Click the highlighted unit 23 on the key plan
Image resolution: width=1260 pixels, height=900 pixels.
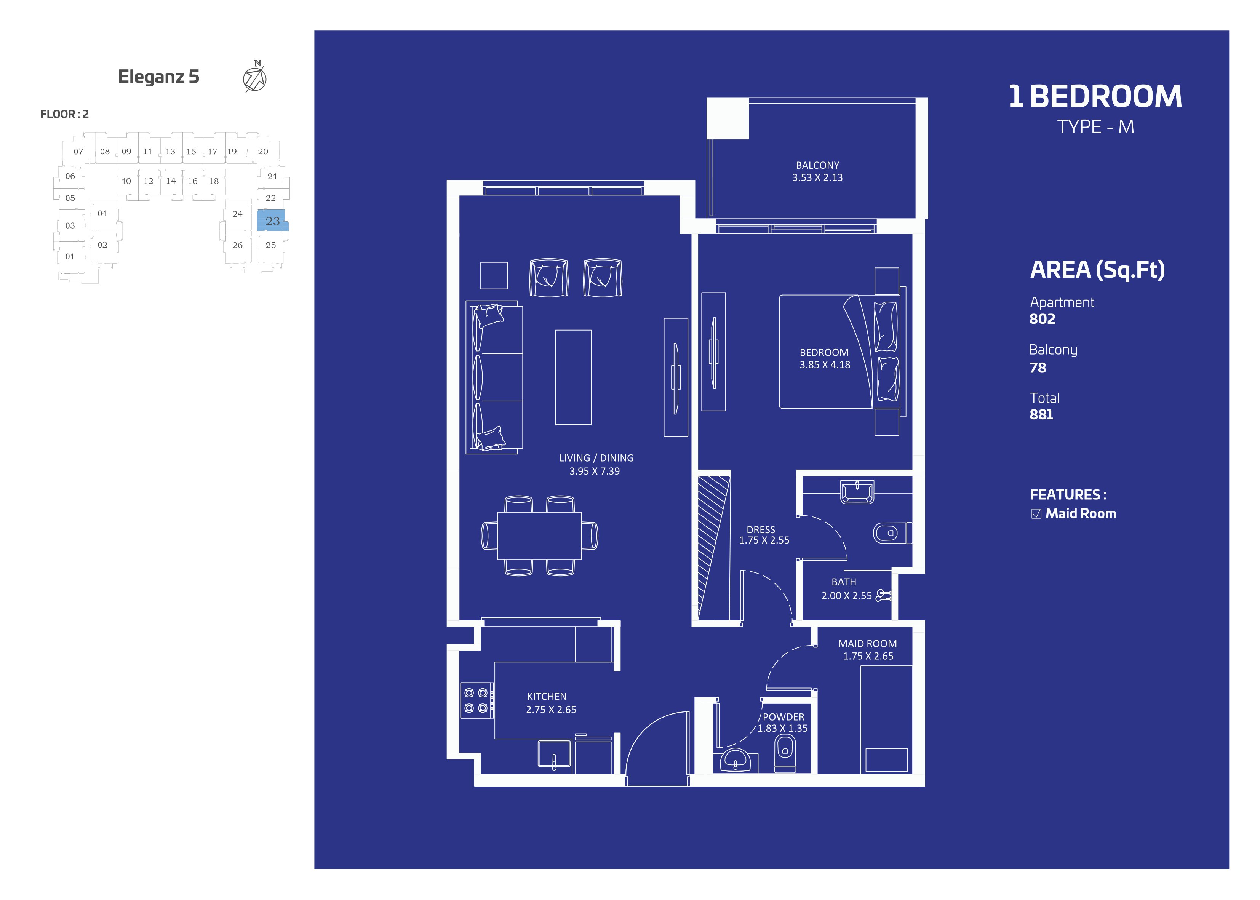(x=272, y=221)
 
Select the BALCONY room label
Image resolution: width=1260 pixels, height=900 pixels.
(x=817, y=165)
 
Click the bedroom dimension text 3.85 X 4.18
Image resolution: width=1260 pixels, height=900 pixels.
(x=825, y=364)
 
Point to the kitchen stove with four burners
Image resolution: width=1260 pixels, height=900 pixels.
(x=476, y=700)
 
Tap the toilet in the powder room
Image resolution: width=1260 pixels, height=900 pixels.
(x=785, y=755)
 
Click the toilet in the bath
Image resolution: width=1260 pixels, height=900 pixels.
(x=892, y=533)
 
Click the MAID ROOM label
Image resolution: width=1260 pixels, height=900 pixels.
(x=867, y=643)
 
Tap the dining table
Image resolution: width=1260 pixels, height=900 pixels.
(x=539, y=536)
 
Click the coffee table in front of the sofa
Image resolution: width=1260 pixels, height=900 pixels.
(x=573, y=377)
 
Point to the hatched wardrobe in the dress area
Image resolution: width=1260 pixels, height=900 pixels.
(x=714, y=548)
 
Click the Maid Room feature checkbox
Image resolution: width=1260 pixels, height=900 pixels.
(x=1036, y=514)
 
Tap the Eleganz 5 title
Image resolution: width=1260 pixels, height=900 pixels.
(x=158, y=77)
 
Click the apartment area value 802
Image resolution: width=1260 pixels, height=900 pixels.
(x=1042, y=319)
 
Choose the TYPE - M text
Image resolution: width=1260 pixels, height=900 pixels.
(x=1095, y=127)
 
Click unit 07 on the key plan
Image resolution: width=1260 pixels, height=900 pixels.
(x=78, y=151)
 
